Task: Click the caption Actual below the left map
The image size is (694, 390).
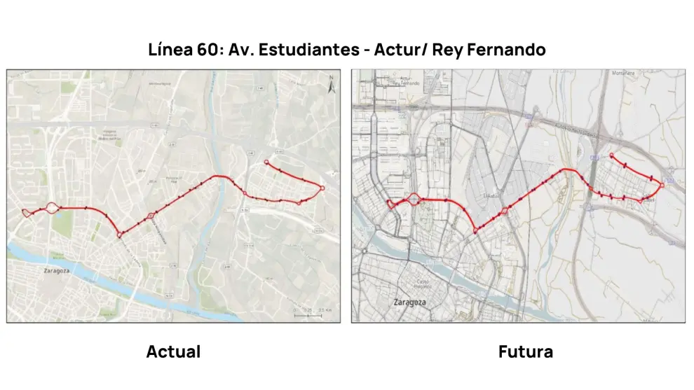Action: pyautogui.click(x=173, y=351)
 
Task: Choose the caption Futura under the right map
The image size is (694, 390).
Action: pyautogui.click(x=525, y=351)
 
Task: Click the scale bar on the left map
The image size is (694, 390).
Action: pyautogui.click(x=308, y=315)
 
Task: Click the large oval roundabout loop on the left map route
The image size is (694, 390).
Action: pyautogui.click(x=51, y=207)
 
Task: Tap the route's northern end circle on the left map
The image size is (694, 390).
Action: pyautogui.click(x=266, y=162)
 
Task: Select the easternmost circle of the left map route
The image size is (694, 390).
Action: pyautogui.click(x=322, y=188)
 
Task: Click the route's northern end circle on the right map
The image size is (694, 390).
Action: pyautogui.click(x=611, y=155)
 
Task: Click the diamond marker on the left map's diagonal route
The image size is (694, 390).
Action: pyautogui.click(x=151, y=217)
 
